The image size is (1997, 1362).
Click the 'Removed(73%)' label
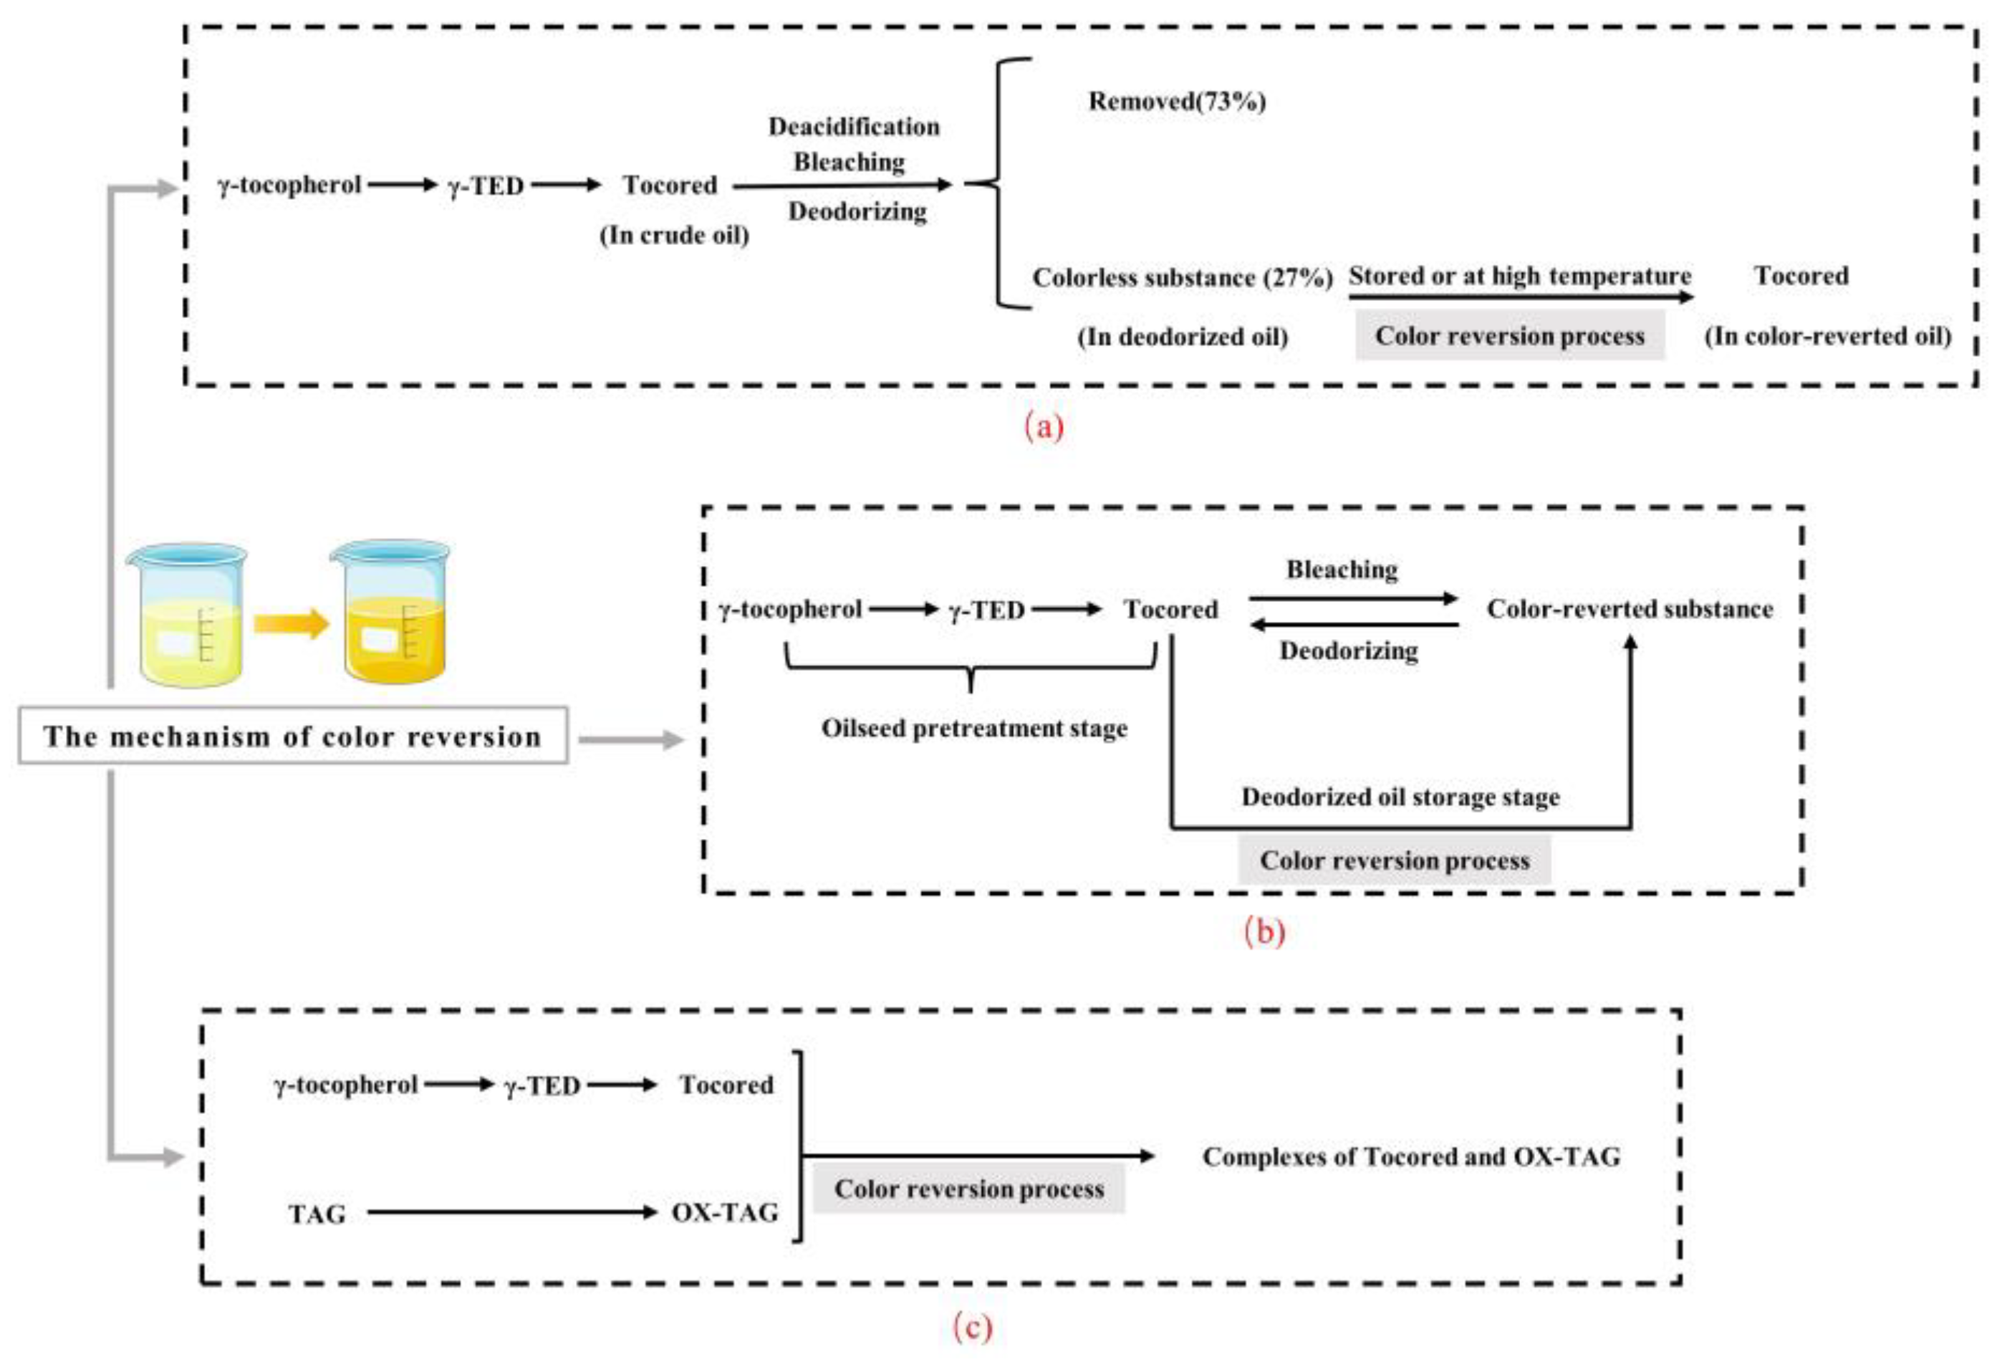(x=1178, y=102)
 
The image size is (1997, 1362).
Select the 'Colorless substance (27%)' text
(x=1183, y=277)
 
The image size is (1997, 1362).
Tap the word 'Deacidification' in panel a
(x=854, y=128)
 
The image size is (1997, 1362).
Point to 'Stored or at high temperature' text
(x=1520, y=276)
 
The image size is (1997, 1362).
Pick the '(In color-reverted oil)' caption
(x=1828, y=336)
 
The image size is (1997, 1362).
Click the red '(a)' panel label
(x=1044, y=427)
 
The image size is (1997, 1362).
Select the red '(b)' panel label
(x=1265, y=931)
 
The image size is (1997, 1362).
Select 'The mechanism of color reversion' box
(x=293, y=736)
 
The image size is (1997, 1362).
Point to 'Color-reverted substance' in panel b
(x=1630, y=609)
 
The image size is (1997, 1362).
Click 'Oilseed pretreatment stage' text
(x=974, y=729)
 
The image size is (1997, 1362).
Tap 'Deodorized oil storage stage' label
(x=1400, y=797)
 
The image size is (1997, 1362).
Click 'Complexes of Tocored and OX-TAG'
(x=1412, y=1156)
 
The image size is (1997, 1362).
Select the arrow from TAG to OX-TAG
(x=512, y=1212)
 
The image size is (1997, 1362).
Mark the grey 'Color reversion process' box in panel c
(x=969, y=1189)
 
